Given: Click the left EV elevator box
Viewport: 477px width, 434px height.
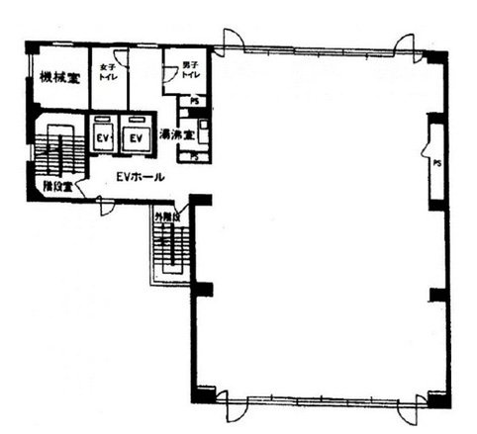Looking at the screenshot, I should pyautogui.click(x=102, y=137).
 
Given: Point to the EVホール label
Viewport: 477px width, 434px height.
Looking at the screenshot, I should pyautogui.click(x=139, y=177).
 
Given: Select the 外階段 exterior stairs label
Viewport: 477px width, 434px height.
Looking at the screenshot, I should pyautogui.click(x=165, y=215).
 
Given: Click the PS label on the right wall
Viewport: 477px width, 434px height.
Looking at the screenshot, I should pyautogui.click(x=435, y=165).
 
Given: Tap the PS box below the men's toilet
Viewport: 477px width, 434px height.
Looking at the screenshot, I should pyautogui.click(x=195, y=101).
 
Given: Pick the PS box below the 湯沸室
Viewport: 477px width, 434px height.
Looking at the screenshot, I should pyautogui.click(x=195, y=156).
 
